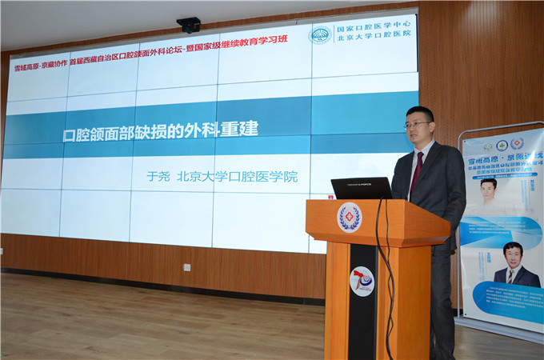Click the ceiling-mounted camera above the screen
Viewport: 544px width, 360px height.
coord(189,25)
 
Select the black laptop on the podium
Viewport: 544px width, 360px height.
coord(362,188)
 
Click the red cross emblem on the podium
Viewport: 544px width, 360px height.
coord(350,218)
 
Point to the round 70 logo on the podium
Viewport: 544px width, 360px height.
coord(362,281)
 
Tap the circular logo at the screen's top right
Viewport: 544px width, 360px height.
coord(320,35)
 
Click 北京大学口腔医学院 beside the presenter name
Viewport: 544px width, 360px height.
coord(237,176)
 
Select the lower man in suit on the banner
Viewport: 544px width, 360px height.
coord(512,265)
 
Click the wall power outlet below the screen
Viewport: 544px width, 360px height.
coord(186,267)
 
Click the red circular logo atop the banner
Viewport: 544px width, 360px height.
coord(517,143)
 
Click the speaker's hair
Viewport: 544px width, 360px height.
coord(420,112)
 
